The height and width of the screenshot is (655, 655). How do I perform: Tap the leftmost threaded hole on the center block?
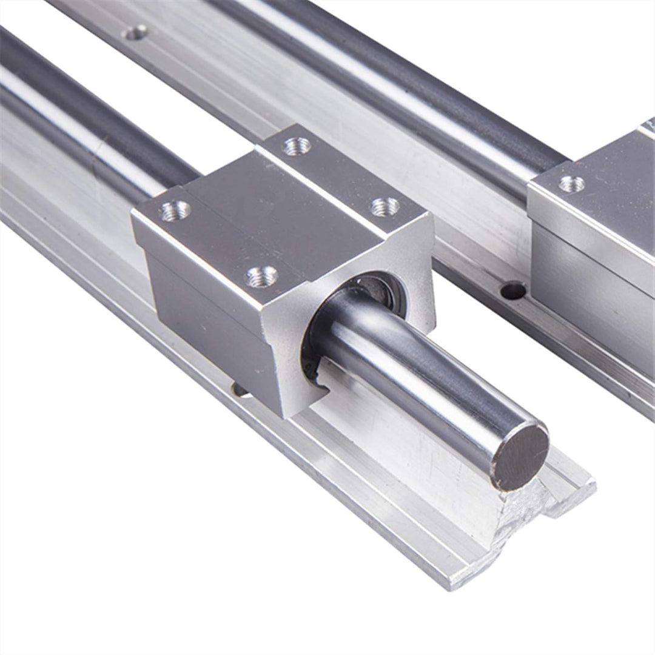176,210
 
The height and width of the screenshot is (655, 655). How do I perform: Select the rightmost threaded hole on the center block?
385,207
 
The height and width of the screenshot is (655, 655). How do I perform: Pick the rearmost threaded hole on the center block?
297,146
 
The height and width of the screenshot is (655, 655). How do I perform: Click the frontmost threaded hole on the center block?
261,277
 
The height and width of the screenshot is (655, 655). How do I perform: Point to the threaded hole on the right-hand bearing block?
571,184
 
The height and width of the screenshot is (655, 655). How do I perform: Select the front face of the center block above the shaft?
340,267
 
